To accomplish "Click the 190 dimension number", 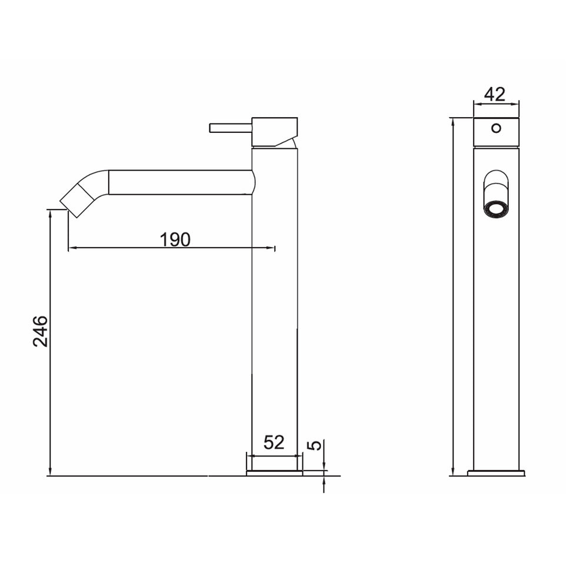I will coord(175,239).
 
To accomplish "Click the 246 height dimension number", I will coord(40,331).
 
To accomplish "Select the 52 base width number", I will coord(274,442).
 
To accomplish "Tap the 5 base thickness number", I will coord(316,445).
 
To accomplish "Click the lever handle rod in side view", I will coord(230,128).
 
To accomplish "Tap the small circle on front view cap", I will coord(496,128).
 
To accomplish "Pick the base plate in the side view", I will coord(274,473).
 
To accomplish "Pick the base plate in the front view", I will coord(496,473).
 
